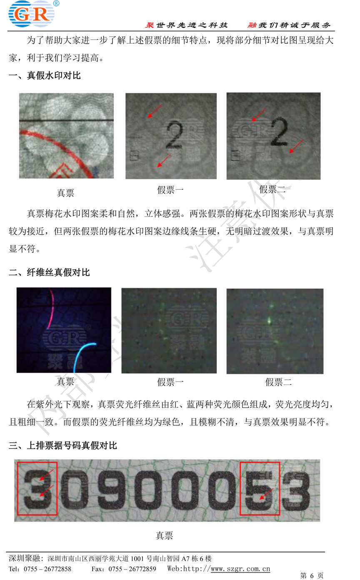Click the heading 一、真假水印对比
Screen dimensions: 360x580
(x=45, y=75)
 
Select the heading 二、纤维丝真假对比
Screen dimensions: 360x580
(x=49, y=272)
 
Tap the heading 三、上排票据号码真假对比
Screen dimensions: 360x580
(x=63, y=446)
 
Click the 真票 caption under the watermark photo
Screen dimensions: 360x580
(x=65, y=193)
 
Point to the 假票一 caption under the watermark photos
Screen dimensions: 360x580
(x=170, y=190)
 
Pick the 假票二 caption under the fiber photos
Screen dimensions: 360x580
(x=278, y=382)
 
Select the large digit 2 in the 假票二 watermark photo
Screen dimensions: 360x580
(x=279, y=131)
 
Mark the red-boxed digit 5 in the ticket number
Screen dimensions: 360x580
(x=260, y=490)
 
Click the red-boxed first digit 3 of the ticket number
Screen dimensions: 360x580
(x=37, y=489)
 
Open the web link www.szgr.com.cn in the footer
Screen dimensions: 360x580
(x=240, y=569)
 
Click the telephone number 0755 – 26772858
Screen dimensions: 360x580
(x=47, y=569)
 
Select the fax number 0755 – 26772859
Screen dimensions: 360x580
(x=132, y=569)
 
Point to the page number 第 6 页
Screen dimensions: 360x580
(x=312, y=575)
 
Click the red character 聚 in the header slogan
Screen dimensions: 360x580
(x=150, y=25)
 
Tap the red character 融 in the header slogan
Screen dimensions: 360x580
(x=252, y=25)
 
